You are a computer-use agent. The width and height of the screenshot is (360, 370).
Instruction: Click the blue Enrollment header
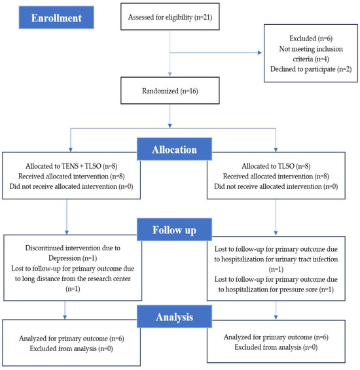coord(56,18)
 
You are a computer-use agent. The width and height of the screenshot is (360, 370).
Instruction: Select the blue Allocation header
coord(174,149)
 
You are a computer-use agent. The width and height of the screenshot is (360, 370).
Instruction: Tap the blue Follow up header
coord(174,229)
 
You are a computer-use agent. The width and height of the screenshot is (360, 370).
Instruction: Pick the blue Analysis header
coord(174,316)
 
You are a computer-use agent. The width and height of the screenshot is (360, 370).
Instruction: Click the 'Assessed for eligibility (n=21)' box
coord(170,16)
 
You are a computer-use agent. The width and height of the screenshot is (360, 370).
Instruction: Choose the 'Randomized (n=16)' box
coord(170,91)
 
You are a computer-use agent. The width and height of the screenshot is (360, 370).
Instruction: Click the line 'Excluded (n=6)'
coord(311,38)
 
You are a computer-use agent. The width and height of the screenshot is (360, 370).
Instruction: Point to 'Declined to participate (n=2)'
coord(311,69)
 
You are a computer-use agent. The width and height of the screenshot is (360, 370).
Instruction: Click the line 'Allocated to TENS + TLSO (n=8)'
coord(71,166)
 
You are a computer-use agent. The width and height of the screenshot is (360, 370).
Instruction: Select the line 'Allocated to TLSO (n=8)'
coord(276,166)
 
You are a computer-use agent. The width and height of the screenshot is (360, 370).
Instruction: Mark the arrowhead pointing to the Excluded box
coord(260,52)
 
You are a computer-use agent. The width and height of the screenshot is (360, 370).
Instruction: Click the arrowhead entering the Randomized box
coord(170,75)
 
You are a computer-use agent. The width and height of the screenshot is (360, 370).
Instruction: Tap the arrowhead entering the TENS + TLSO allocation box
coord(71,150)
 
